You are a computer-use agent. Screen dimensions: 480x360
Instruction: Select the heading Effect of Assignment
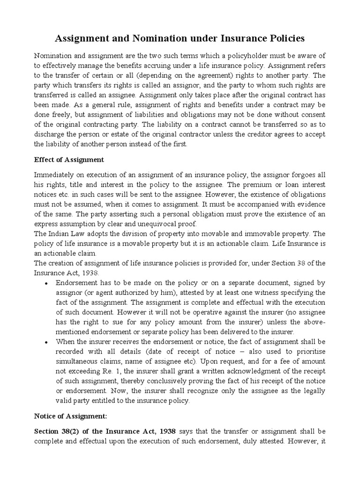tap(69, 159)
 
